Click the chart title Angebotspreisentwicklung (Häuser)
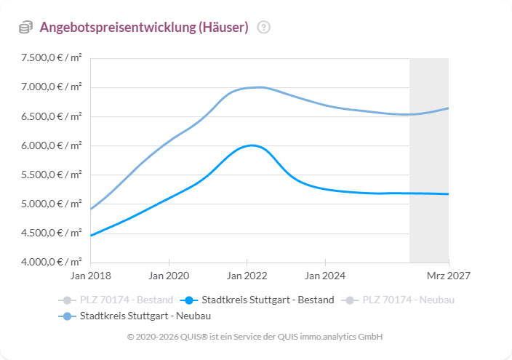pyautogui.click(x=144, y=28)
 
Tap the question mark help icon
pyautogui.click(x=263, y=28)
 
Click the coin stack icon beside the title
pyautogui.click(x=25, y=28)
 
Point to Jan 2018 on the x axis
pyautogui.click(x=91, y=276)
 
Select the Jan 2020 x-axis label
pyautogui.click(x=169, y=276)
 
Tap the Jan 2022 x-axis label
pyautogui.click(x=247, y=276)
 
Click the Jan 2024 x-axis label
pyautogui.click(x=325, y=276)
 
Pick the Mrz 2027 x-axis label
pyautogui.click(x=448, y=276)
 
